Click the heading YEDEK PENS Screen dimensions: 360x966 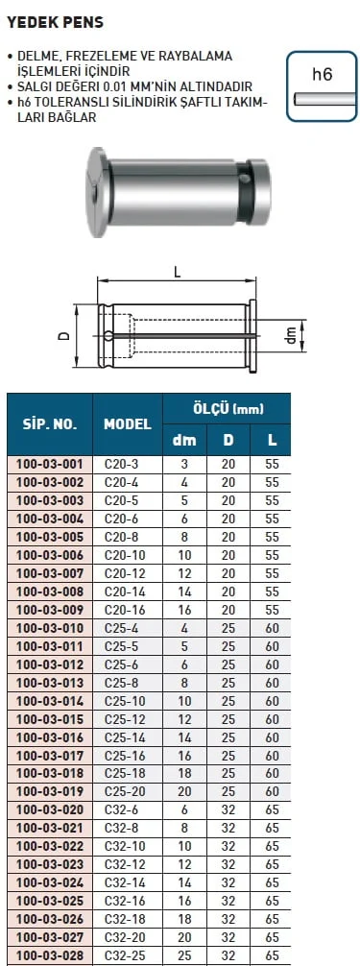click(x=55, y=23)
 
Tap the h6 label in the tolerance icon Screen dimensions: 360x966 click(x=322, y=75)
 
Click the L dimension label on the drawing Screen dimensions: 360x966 click(x=177, y=274)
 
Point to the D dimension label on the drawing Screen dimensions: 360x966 click(x=62, y=336)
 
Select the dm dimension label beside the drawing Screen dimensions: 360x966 click(x=294, y=335)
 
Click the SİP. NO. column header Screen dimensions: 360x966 click(x=50, y=423)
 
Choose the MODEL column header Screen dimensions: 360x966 click(x=128, y=423)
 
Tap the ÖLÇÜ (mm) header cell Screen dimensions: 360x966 click(x=228, y=408)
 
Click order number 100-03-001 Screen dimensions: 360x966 click(x=50, y=464)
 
